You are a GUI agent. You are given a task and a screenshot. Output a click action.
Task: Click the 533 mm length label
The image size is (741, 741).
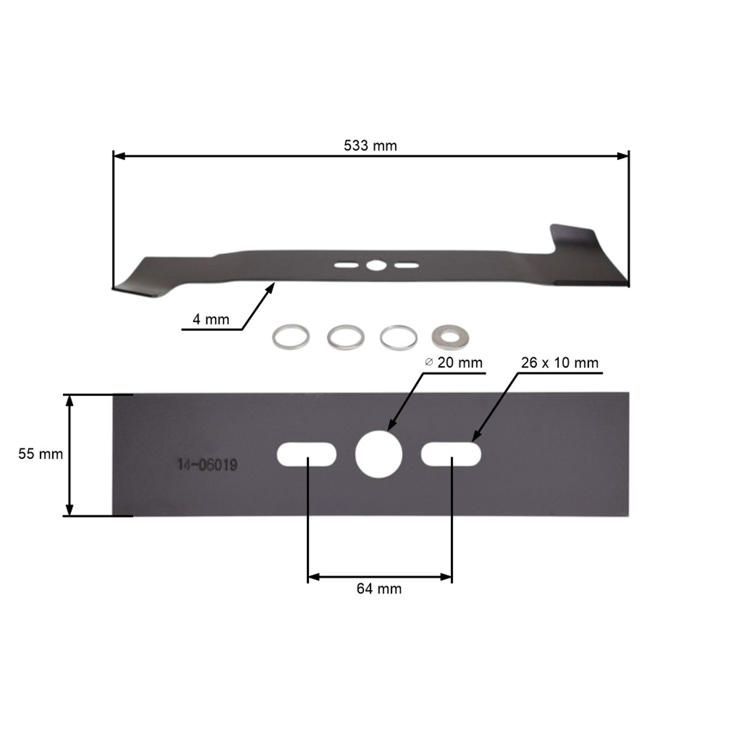pos(370,146)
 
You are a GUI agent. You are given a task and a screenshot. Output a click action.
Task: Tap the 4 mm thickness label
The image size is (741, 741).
pos(211,319)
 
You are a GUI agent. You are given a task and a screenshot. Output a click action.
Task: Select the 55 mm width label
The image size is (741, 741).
pos(41,454)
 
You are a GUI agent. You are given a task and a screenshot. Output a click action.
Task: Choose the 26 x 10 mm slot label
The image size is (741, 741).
pos(560,363)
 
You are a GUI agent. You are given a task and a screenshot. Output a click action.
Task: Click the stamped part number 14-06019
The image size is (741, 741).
pos(207,465)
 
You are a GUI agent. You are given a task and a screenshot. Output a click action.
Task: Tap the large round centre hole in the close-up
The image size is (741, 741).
pos(379,454)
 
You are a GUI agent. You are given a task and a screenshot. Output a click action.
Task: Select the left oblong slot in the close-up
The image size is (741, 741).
pos(307,454)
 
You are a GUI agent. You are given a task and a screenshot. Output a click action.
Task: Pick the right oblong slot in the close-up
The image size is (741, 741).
pos(451,454)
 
